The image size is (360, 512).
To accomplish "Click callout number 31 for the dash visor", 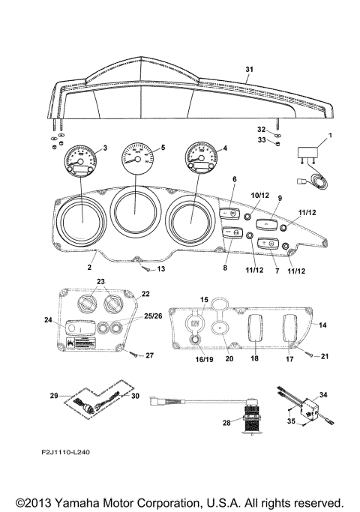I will pyautogui.click(x=249, y=69).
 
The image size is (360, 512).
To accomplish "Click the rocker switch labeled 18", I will pyautogui.click(x=253, y=326).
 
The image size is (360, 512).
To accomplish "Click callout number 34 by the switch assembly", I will pyautogui.click(x=323, y=394).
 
